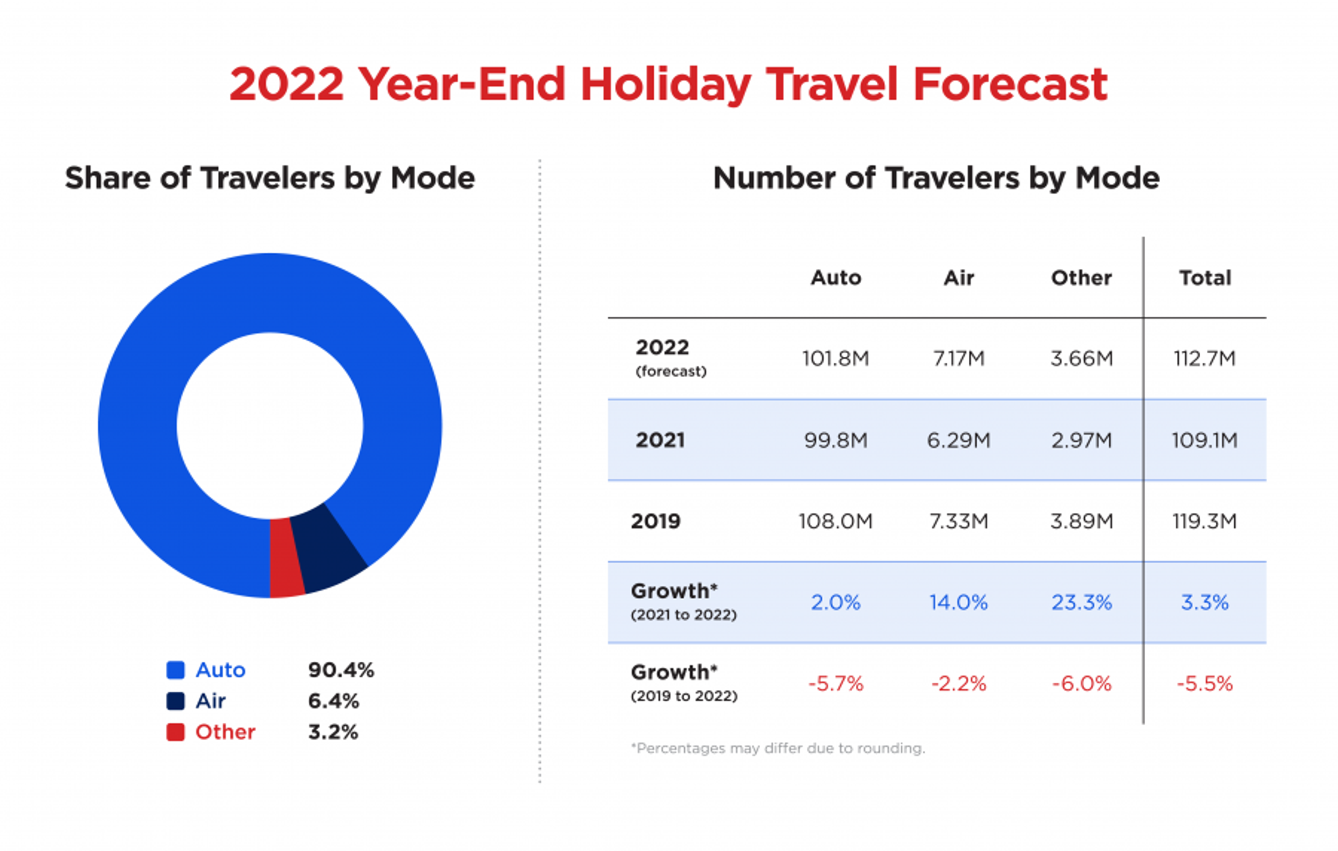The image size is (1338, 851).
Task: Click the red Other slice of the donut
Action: [286, 557]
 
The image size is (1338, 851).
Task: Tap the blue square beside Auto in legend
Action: [176, 670]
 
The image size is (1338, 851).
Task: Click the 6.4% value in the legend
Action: [333, 701]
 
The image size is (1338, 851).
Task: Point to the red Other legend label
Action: [225, 732]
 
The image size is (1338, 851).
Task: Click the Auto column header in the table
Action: [836, 278]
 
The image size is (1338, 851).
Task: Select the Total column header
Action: [1205, 278]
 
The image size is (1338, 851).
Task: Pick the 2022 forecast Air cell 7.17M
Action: [959, 358]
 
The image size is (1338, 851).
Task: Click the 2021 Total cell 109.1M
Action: [1205, 440]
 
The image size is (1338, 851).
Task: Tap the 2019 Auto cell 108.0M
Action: [836, 522]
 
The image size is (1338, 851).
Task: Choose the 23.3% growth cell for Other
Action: [1081, 602]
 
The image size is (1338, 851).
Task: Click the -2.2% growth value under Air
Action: [959, 684]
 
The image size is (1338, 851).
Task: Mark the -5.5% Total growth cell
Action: [1205, 684]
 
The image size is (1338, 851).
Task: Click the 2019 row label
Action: [656, 522]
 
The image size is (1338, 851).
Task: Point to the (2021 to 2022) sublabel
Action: [683, 615]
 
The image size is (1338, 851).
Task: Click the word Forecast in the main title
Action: [1010, 84]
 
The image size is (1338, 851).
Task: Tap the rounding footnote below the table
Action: [778, 748]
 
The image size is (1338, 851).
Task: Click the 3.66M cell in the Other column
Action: [1081, 358]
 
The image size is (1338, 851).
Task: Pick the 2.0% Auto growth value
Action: [836, 602]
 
